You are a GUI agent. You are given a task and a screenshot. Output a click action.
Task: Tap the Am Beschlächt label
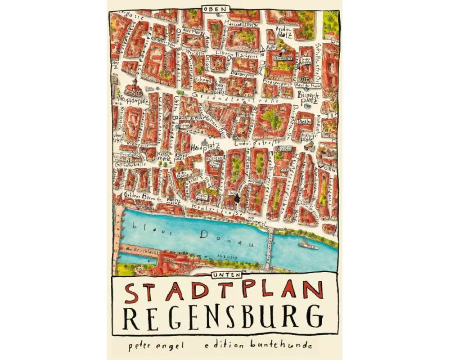point(141,250)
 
